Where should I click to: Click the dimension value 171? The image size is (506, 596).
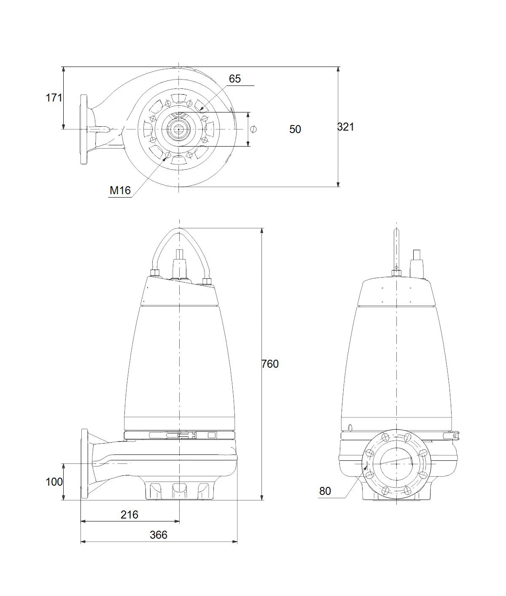click(x=54, y=98)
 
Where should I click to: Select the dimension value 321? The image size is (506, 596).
click(x=345, y=127)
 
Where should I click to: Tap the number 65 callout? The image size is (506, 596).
click(x=235, y=79)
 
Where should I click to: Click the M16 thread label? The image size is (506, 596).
click(x=120, y=190)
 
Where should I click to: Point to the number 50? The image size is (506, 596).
click(x=295, y=129)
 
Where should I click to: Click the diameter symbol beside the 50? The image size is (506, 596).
click(x=253, y=129)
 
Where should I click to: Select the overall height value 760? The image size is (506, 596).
click(x=270, y=364)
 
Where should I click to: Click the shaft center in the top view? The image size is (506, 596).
click(x=179, y=129)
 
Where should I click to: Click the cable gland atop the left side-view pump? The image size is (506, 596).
click(x=179, y=264)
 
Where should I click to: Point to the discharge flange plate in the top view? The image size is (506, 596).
click(x=84, y=129)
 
